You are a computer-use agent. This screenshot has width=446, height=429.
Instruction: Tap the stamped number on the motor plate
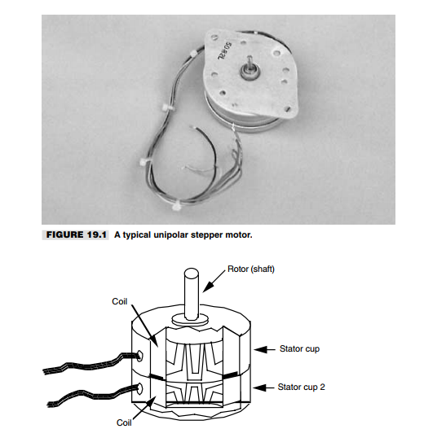[x=225, y=51]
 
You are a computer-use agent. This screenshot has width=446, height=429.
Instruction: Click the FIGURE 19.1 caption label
[x=76, y=234]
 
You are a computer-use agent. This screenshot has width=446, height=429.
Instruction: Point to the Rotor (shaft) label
[x=251, y=269]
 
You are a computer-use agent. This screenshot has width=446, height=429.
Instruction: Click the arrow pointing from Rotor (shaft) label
[x=214, y=281]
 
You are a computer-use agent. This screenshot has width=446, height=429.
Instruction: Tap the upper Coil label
[x=120, y=301]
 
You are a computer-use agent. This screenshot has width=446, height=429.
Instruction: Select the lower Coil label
[x=124, y=422]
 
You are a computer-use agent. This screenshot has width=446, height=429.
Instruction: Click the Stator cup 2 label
[x=301, y=387]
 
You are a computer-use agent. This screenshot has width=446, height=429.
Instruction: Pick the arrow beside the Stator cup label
[x=264, y=349]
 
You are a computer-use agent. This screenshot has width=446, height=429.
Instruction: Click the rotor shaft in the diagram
[x=192, y=294]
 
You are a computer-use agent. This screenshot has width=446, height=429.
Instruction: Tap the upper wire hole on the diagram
[x=139, y=356]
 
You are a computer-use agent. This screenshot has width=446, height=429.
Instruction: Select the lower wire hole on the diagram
[x=139, y=388]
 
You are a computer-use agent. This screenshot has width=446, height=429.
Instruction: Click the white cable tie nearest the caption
[x=176, y=205]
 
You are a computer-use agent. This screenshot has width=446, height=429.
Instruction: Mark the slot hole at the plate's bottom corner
[x=288, y=108]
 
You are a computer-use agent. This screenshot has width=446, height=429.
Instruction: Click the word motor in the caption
[x=239, y=235]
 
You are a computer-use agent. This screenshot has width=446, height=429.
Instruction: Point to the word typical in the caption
[x=137, y=235]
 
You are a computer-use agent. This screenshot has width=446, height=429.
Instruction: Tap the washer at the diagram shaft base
[x=190, y=320]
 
